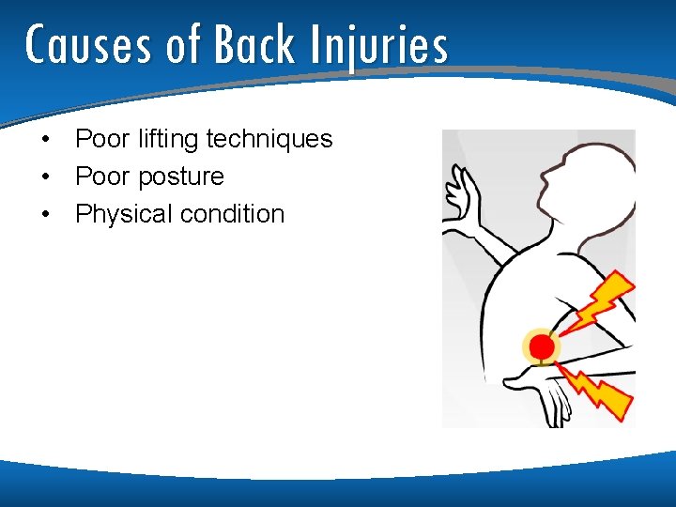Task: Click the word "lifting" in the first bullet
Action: (168, 140)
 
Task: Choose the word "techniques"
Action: (269, 140)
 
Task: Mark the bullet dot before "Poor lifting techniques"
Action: (44, 140)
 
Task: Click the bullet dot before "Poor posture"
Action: (44, 177)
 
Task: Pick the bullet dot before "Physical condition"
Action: (44, 214)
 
